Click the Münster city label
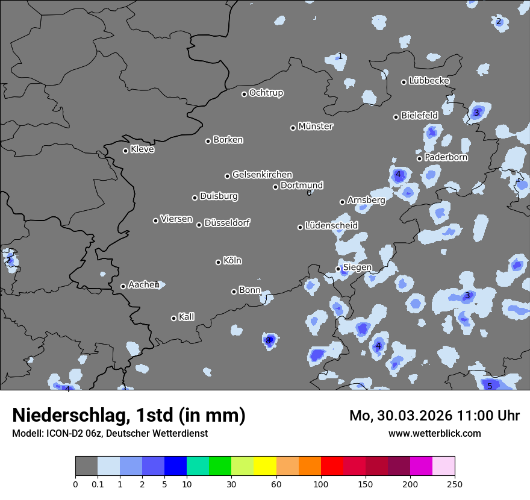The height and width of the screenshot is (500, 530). click(316, 127)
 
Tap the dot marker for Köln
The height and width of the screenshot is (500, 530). click(219, 262)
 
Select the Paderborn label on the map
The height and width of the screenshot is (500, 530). click(446, 157)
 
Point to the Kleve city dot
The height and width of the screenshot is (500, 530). click(126, 151)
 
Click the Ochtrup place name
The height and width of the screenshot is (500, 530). click(266, 93)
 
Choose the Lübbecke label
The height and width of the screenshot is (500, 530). click(429, 81)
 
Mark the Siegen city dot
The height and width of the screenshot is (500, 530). click(338, 269)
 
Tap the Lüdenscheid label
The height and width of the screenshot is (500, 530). click(331, 226)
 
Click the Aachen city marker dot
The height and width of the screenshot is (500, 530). click(123, 286)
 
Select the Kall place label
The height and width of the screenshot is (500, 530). click(187, 317)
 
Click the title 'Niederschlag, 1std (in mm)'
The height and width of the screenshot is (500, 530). click(129, 415)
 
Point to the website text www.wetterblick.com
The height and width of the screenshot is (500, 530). click(435, 434)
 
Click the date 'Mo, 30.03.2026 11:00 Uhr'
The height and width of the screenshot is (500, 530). click(434, 416)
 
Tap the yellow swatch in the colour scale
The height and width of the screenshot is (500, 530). click(265, 466)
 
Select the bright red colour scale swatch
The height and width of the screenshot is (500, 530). click(332, 466)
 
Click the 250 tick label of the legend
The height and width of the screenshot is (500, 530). click(455, 484)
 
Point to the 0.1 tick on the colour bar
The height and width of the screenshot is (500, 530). click(98, 484)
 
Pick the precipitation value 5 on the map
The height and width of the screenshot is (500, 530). click(490, 386)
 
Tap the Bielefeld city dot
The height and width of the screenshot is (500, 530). click(396, 117)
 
